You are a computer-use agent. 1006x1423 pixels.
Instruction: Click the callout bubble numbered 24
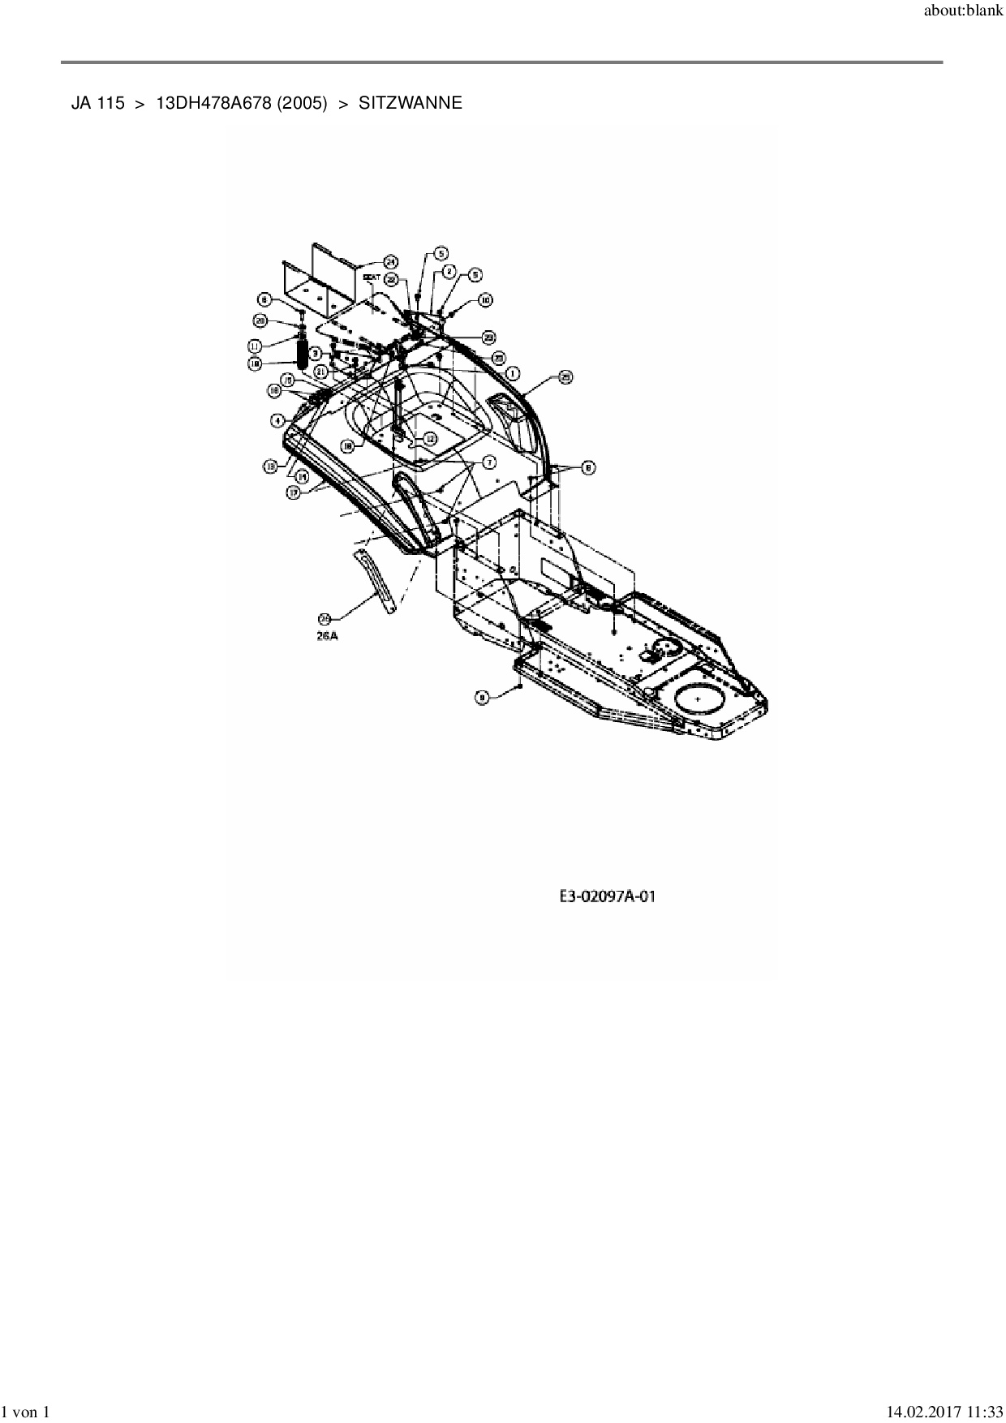[390, 261]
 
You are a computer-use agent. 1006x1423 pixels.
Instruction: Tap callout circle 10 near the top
[484, 300]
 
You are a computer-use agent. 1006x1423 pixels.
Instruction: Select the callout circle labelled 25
[565, 376]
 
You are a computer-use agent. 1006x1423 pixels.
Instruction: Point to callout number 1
[513, 372]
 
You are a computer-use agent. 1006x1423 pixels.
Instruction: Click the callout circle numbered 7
[489, 461]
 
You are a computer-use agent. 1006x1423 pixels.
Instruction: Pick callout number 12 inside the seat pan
[429, 437]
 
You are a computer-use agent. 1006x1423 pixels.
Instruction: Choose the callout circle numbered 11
[260, 345]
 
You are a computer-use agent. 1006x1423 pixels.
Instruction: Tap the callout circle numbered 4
[277, 420]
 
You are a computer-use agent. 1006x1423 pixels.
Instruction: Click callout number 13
[269, 466]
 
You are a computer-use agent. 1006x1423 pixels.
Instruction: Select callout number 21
[321, 371]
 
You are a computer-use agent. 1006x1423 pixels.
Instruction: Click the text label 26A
[327, 637]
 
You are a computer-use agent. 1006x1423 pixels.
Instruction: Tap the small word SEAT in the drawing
[372, 277]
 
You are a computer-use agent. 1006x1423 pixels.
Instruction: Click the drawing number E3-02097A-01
[607, 896]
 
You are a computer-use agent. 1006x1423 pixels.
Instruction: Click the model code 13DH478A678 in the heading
[213, 103]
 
